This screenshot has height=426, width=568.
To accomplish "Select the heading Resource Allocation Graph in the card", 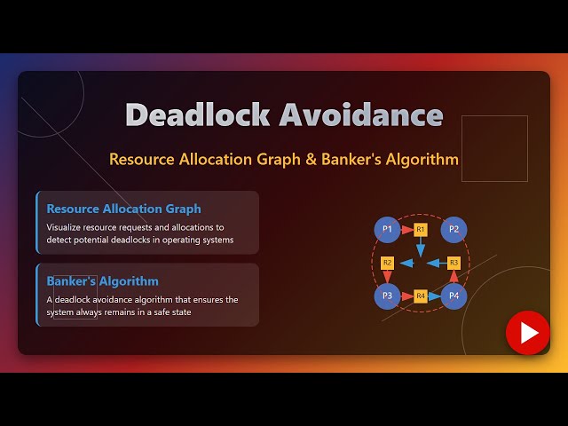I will [x=123, y=209].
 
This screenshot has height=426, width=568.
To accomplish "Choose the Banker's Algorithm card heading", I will [x=103, y=281].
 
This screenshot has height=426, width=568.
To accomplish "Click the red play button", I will [x=528, y=333].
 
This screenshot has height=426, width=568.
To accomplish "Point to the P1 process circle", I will [x=386, y=229].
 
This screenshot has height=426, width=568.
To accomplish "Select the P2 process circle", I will [x=454, y=229].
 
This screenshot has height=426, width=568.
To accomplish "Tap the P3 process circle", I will [x=386, y=296].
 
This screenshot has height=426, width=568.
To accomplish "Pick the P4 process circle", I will [x=454, y=296].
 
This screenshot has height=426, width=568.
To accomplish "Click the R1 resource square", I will [x=421, y=229].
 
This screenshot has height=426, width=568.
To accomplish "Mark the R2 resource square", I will [x=387, y=263].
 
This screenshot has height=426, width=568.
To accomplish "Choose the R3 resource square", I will [x=454, y=263].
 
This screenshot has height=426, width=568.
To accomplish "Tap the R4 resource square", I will [x=421, y=296].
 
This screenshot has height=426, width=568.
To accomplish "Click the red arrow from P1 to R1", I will [x=406, y=229].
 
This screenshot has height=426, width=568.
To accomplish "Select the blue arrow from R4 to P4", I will [x=435, y=296].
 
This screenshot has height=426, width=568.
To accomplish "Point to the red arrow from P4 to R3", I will [x=454, y=278].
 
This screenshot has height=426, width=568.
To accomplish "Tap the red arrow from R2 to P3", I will [x=387, y=278].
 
